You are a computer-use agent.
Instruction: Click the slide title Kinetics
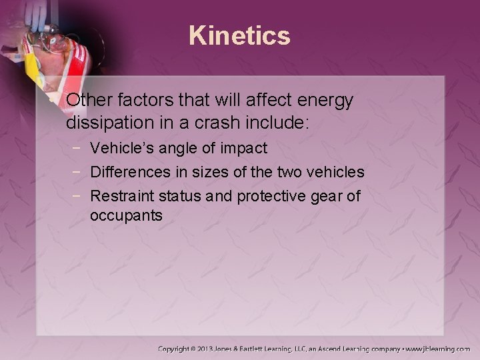click(240, 35)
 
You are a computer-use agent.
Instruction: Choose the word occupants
click(126, 217)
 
